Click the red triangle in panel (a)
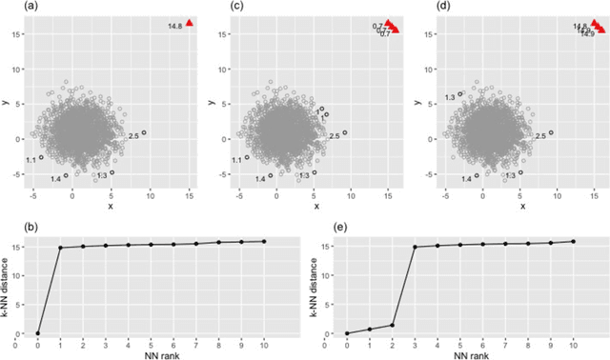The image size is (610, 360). (x=190, y=23)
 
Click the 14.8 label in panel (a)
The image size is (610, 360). (x=174, y=26)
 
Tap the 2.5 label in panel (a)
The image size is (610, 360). (x=133, y=137)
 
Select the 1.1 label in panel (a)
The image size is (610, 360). (x=30, y=160)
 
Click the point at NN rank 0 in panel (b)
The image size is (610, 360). (x=38, y=333)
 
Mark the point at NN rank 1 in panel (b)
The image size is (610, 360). (x=61, y=248)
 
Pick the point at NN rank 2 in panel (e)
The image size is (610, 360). (x=393, y=325)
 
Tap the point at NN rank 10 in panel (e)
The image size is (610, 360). (x=573, y=241)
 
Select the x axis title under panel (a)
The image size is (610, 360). (x=110, y=205)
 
